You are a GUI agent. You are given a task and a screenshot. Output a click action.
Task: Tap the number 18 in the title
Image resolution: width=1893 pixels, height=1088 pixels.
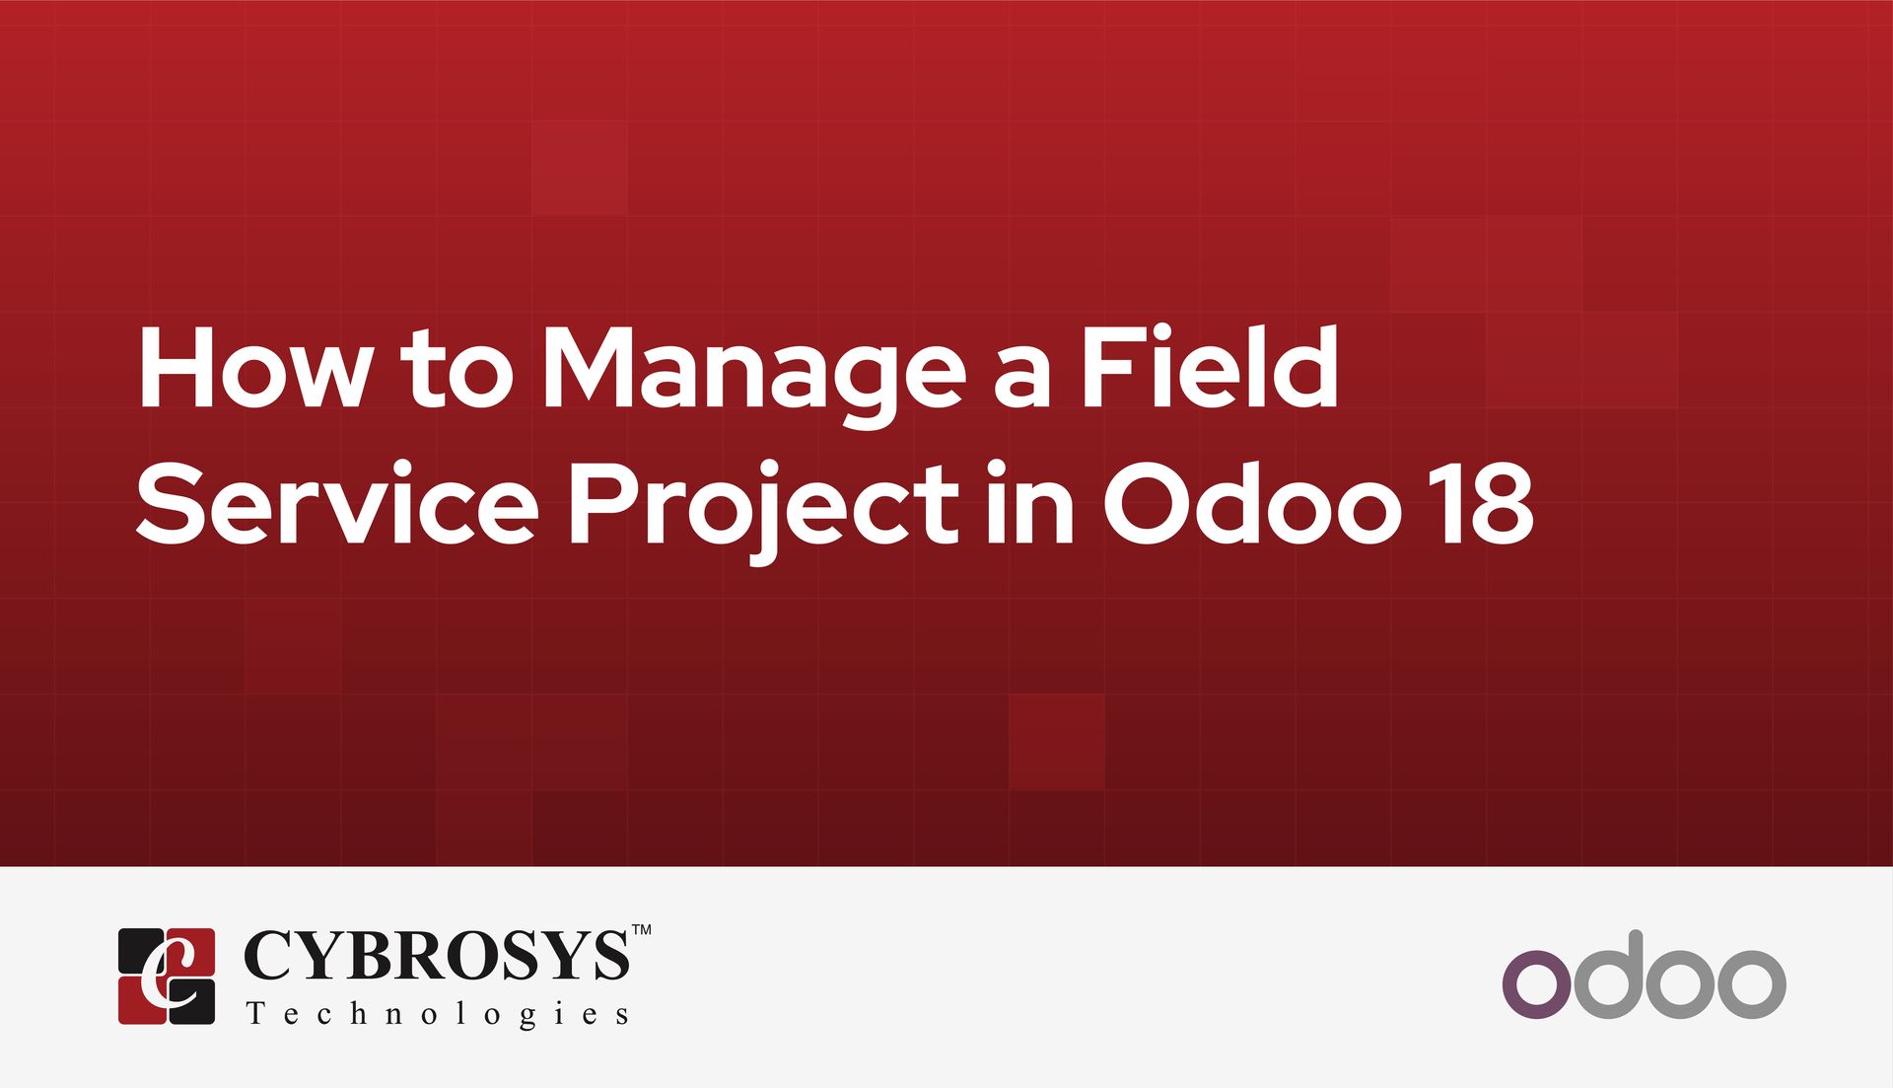tap(1485, 505)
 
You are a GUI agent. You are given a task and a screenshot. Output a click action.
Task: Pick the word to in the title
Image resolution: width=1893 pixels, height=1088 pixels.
tap(456, 375)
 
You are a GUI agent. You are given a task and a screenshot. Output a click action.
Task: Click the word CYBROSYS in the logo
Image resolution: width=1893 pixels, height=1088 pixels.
tap(436, 956)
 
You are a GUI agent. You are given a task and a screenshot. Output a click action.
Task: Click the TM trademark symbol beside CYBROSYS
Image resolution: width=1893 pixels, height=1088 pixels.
tap(641, 930)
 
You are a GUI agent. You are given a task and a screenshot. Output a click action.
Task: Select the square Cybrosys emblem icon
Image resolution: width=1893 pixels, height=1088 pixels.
tap(167, 976)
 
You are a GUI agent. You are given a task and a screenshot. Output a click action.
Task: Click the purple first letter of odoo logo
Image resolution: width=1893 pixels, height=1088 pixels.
tap(1536, 983)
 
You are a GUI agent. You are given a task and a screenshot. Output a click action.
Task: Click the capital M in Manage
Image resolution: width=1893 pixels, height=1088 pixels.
tap(588, 367)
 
